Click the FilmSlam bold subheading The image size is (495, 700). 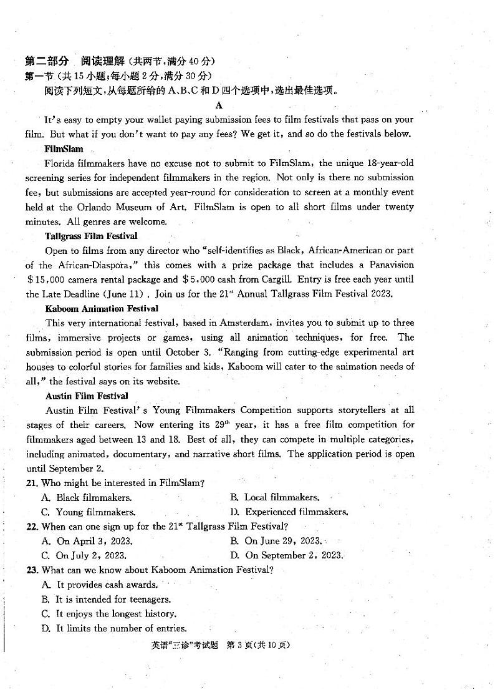(64, 149)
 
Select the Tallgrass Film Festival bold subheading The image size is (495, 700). (91, 236)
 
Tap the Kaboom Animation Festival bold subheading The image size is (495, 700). (102, 308)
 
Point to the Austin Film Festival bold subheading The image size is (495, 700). (87, 396)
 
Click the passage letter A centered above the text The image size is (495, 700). (219, 105)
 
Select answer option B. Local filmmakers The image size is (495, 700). (274, 497)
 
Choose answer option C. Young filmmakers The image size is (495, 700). (88, 512)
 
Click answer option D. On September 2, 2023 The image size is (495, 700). (286, 555)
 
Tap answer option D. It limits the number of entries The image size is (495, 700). (113, 628)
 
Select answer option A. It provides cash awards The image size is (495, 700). (99, 585)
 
